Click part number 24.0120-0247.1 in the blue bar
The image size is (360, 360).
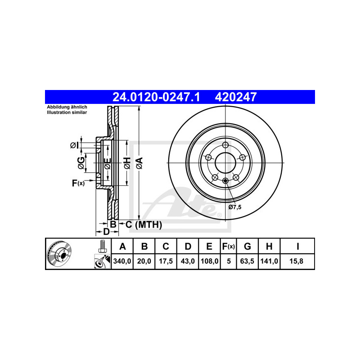156,97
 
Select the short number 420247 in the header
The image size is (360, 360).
235,97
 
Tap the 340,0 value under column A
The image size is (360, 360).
122,261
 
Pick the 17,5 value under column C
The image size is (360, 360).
166,261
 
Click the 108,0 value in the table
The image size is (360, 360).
209,261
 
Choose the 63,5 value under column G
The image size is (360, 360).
247,261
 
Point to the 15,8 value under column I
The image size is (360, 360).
297,261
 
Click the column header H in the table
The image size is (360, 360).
269,246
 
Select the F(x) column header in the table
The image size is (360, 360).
229,246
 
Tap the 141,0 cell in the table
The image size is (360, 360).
269,261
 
